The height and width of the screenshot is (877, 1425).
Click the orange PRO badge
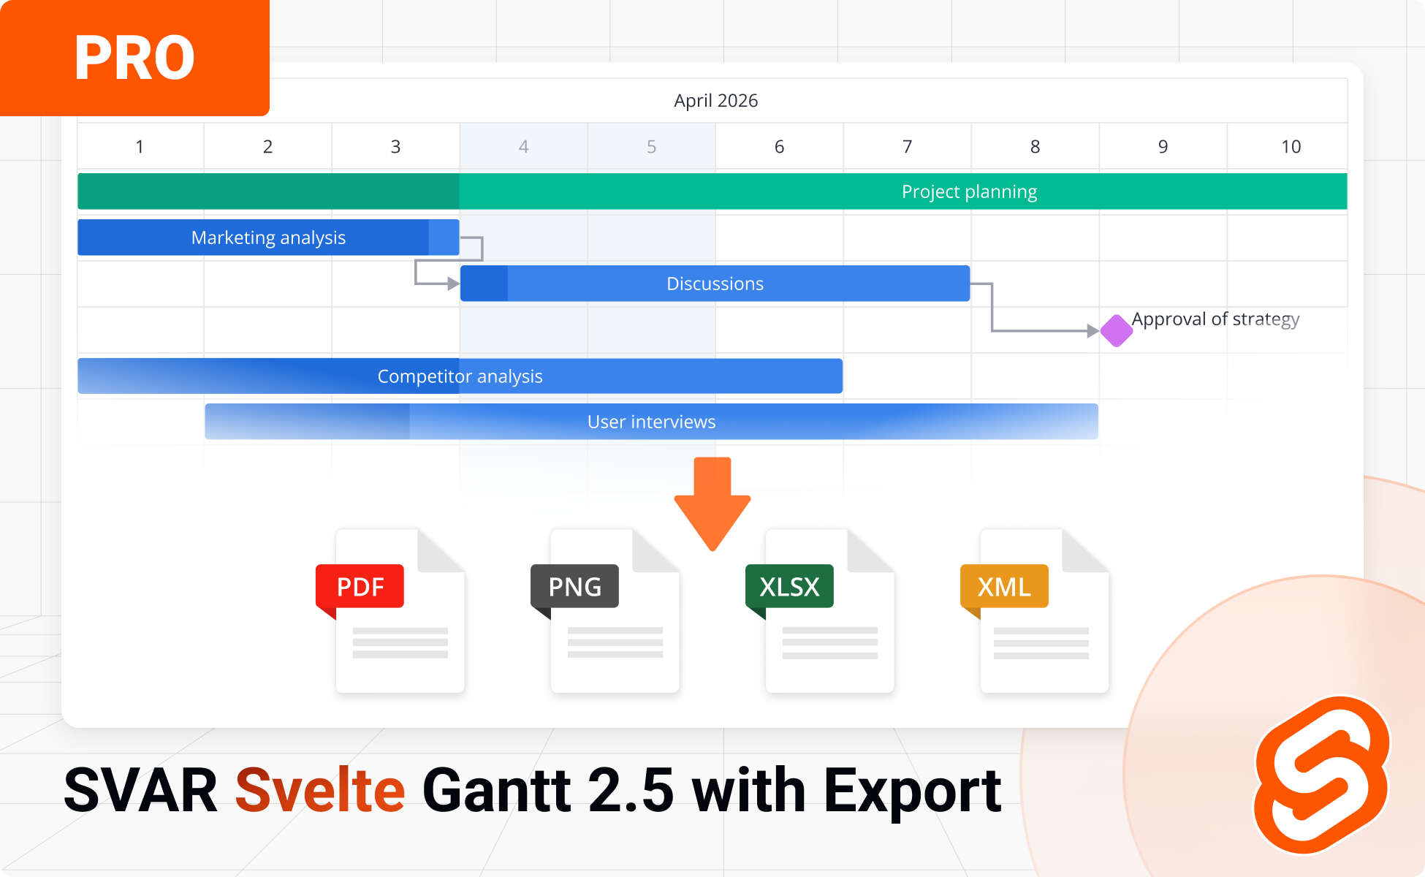[134, 58]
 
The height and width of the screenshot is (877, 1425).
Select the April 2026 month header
[715, 101]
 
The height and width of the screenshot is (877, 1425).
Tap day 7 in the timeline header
[907, 147]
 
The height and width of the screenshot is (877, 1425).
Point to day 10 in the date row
[1291, 147]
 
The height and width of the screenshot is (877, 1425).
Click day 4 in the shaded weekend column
[523, 147]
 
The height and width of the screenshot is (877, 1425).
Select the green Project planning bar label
[969, 191]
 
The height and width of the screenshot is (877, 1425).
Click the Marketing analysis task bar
[268, 238]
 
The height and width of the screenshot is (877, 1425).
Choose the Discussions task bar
[715, 284]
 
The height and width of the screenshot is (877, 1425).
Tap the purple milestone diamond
[1116, 331]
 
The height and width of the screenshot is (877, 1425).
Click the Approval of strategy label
[1215, 319]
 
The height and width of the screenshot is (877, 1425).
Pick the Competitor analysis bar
[460, 376]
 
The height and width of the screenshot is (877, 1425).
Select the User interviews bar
[651, 422]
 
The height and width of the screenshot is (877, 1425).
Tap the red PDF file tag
[360, 586]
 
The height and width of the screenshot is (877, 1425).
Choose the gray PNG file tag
[574, 586]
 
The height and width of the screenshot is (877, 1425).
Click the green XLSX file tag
[789, 586]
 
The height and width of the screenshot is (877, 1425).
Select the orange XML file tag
[1004, 586]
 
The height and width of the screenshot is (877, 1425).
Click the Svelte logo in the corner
[1321, 775]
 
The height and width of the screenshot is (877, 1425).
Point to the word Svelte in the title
[320, 791]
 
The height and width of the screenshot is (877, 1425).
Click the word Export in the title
[913, 791]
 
